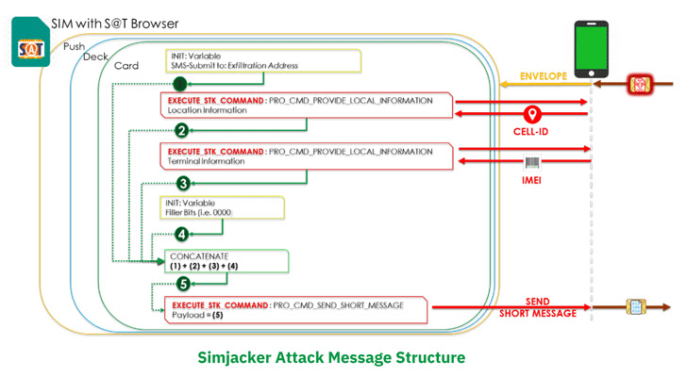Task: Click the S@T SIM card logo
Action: point(31,45)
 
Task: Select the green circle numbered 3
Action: point(182,183)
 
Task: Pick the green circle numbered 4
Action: point(182,234)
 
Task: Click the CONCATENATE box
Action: point(225,260)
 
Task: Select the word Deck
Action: point(96,57)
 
